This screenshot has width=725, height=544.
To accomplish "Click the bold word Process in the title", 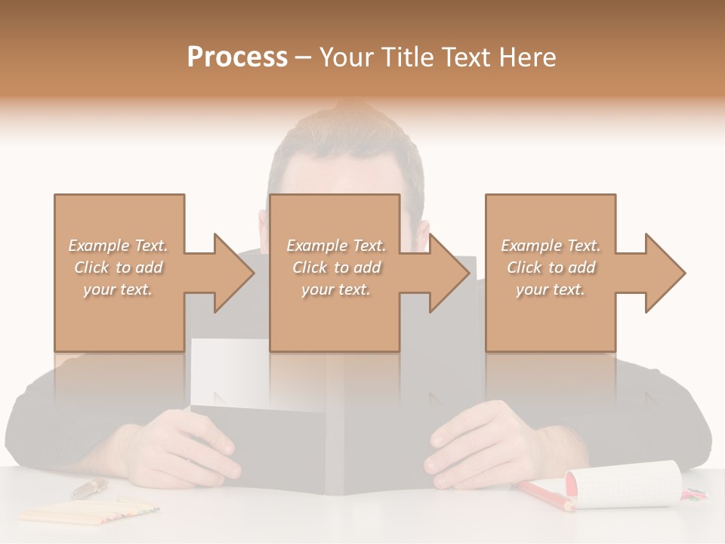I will click(237, 57).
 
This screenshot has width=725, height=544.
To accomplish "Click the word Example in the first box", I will click(98, 246).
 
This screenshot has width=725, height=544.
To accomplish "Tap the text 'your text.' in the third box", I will click(551, 289).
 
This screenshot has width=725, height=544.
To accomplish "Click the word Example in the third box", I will click(531, 246).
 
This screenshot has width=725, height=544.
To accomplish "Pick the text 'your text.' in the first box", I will click(118, 289).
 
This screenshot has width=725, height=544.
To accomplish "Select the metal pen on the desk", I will click(89, 488).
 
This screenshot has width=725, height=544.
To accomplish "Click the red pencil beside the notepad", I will click(544, 494).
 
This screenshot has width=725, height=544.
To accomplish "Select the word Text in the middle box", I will click(369, 246).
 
